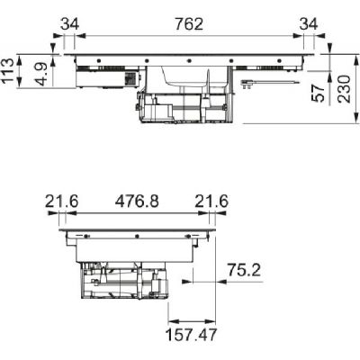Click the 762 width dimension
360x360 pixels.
(x=189, y=24)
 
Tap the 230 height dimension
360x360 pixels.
(x=344, y=89)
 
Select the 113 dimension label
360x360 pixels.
(x=7, y=70)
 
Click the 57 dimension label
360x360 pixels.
(x=319, y=93)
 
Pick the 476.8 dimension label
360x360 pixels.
(x=137, y=202)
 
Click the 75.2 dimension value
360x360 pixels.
(x=244, y=270)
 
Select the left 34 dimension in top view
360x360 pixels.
(x=69, y=24)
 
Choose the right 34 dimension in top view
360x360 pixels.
(x=309, y=24)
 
